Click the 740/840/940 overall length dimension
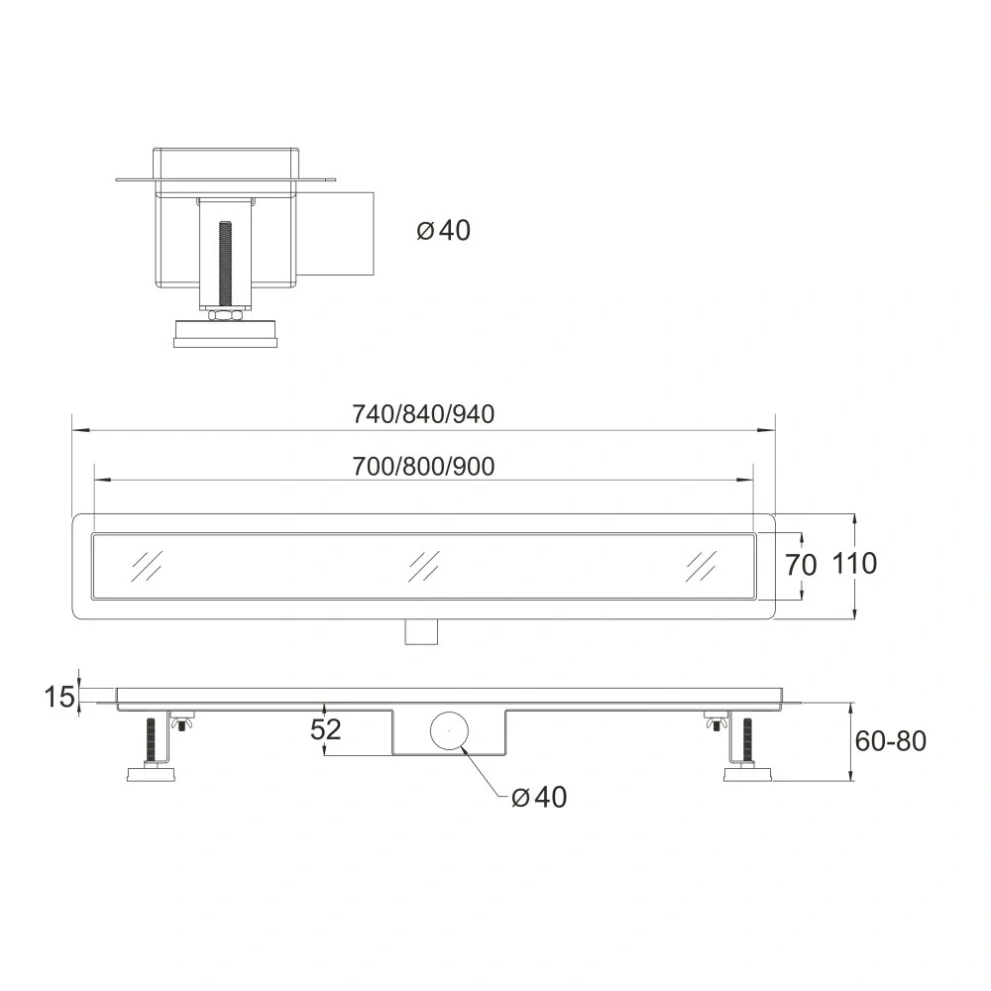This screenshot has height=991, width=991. (423, 415)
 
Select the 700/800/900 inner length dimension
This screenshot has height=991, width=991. (423, 466)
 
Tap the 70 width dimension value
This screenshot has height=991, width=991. (801, 566)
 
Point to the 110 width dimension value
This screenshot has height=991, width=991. (854, 564)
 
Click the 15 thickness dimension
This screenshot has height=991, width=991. (59, 697)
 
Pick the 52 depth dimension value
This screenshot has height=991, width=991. (326, 730)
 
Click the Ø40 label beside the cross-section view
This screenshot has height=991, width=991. (444, 231)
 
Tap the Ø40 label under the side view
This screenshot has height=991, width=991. (540, 797)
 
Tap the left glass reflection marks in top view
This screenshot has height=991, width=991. (145, 564)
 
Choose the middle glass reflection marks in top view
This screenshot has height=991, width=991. (424, 564)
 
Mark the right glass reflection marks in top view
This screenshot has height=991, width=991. (700, 564)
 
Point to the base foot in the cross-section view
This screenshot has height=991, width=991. (227, 333)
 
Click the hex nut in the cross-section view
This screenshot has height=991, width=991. (227, 314)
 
